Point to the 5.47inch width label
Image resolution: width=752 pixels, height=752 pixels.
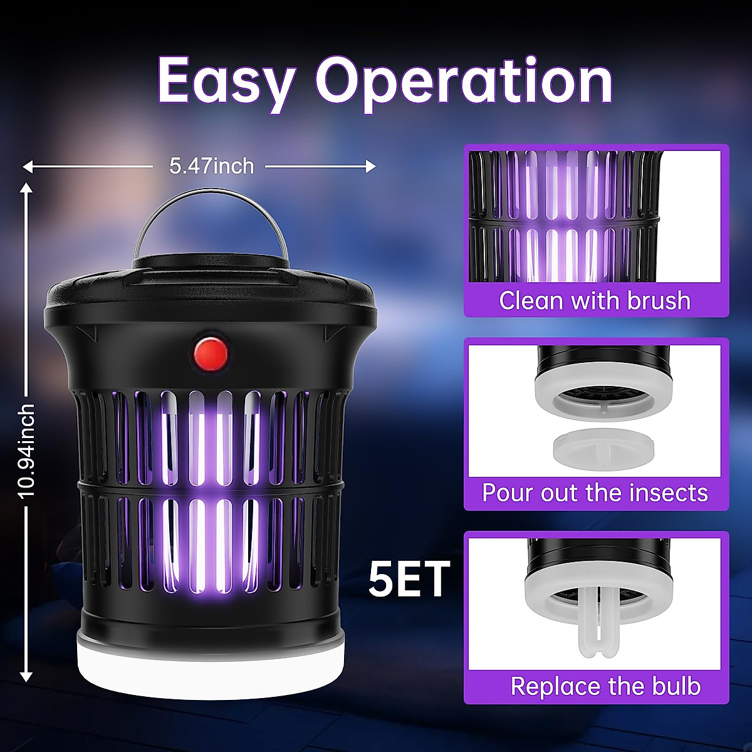211,166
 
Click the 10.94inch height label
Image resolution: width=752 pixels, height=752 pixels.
26,451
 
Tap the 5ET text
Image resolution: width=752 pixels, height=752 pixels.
409,579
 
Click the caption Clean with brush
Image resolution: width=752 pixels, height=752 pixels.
595,301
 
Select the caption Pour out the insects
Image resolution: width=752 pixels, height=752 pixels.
595,493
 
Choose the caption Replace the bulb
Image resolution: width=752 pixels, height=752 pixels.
605,686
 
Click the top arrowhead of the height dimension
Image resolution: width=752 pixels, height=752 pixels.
26,187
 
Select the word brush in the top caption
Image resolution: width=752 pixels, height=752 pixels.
659,301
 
